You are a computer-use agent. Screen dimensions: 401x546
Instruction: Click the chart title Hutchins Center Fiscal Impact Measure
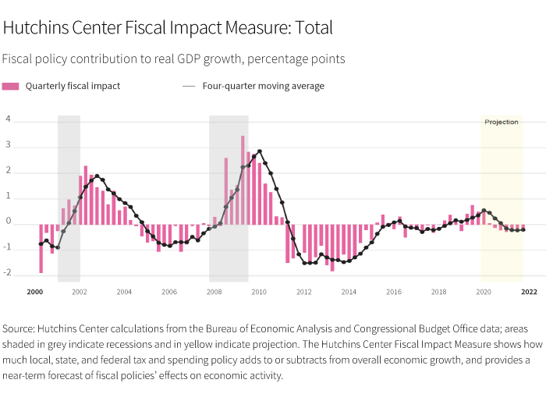pos(168,28)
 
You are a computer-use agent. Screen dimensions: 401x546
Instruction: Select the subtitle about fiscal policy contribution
pos(173,59)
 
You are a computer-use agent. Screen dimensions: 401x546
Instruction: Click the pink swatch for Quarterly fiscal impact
pos(11,86)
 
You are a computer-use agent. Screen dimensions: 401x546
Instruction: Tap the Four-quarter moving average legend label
pos(263,86)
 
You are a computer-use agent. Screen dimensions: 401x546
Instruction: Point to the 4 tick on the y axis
pos(8,119)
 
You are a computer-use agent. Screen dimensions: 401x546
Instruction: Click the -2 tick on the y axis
pos(7,274)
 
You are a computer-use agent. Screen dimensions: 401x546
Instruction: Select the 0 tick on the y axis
pos(8,222)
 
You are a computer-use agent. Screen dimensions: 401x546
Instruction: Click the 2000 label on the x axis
pos(34,292)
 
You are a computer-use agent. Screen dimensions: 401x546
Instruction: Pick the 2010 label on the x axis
pos(259,292)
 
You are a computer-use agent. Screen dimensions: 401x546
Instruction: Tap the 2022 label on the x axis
pos(529,292)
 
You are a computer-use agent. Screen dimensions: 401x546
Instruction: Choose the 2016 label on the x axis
pos(394,292)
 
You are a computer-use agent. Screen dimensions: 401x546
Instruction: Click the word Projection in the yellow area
pos(502,122)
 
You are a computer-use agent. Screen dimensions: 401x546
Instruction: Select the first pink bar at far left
pos(41,248)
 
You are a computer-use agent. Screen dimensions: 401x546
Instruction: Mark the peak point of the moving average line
pos(260,151)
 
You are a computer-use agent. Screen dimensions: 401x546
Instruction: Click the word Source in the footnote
pos(20,328)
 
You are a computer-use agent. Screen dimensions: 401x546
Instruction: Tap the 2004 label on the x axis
pos(124,292)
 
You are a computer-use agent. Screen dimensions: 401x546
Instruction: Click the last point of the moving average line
pos(523,229)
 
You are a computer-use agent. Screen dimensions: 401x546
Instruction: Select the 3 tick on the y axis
pos(8,145)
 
